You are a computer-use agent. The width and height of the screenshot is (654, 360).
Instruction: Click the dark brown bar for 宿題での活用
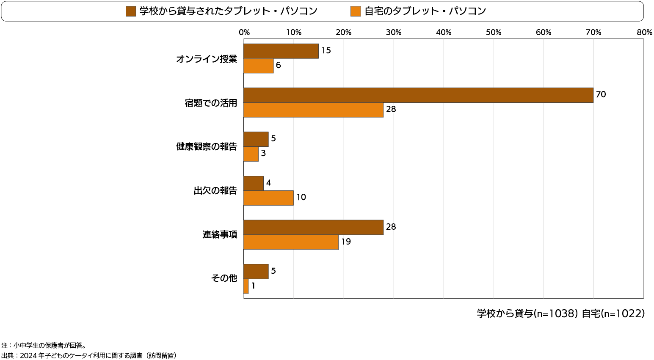click(x=418, y=95)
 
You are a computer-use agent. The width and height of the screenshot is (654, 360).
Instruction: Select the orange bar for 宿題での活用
click(x=313, y=110)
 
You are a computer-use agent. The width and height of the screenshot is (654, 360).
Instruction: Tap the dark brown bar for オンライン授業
click(x=281, y=51)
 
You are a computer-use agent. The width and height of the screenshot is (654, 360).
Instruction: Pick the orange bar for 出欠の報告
click(x=268, y=198)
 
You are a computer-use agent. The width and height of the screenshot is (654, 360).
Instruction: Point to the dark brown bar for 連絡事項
click(x=313, y=227)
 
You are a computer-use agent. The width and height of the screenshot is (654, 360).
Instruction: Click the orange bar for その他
click(x=246, y=286)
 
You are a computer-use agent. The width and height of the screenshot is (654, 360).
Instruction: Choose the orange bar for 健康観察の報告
click(x=251, y=154)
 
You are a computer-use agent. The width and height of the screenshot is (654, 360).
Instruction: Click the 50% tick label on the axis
click(x=494, y=33)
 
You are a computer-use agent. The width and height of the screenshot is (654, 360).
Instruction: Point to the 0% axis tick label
click(x=244, y=33)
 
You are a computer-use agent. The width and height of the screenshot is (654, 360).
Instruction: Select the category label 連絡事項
click(x=220, y=235)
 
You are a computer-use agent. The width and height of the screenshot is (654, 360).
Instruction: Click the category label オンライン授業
click(x=207, y=59)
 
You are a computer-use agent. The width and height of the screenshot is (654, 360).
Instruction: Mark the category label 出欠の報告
click(x=215, y=191)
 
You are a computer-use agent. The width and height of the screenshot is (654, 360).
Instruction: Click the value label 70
click(x=601, y=95)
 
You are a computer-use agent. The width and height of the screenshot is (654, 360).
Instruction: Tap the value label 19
click(x=346, y=242)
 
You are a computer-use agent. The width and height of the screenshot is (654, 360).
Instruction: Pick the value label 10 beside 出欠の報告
click(x=301, y=198)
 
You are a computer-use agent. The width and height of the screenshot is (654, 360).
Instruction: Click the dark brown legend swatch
click(x=131, y=11)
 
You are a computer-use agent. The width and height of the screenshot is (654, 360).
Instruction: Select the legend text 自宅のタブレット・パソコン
click(x=425, y=11)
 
